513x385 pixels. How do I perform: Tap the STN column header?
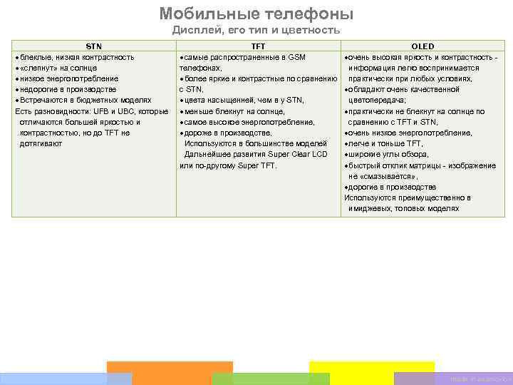click(94, 46)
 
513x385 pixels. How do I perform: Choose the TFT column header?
click(258, 46)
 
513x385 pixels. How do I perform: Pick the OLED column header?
click(423, 46)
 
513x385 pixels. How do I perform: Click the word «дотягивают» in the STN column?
click(41, 143)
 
